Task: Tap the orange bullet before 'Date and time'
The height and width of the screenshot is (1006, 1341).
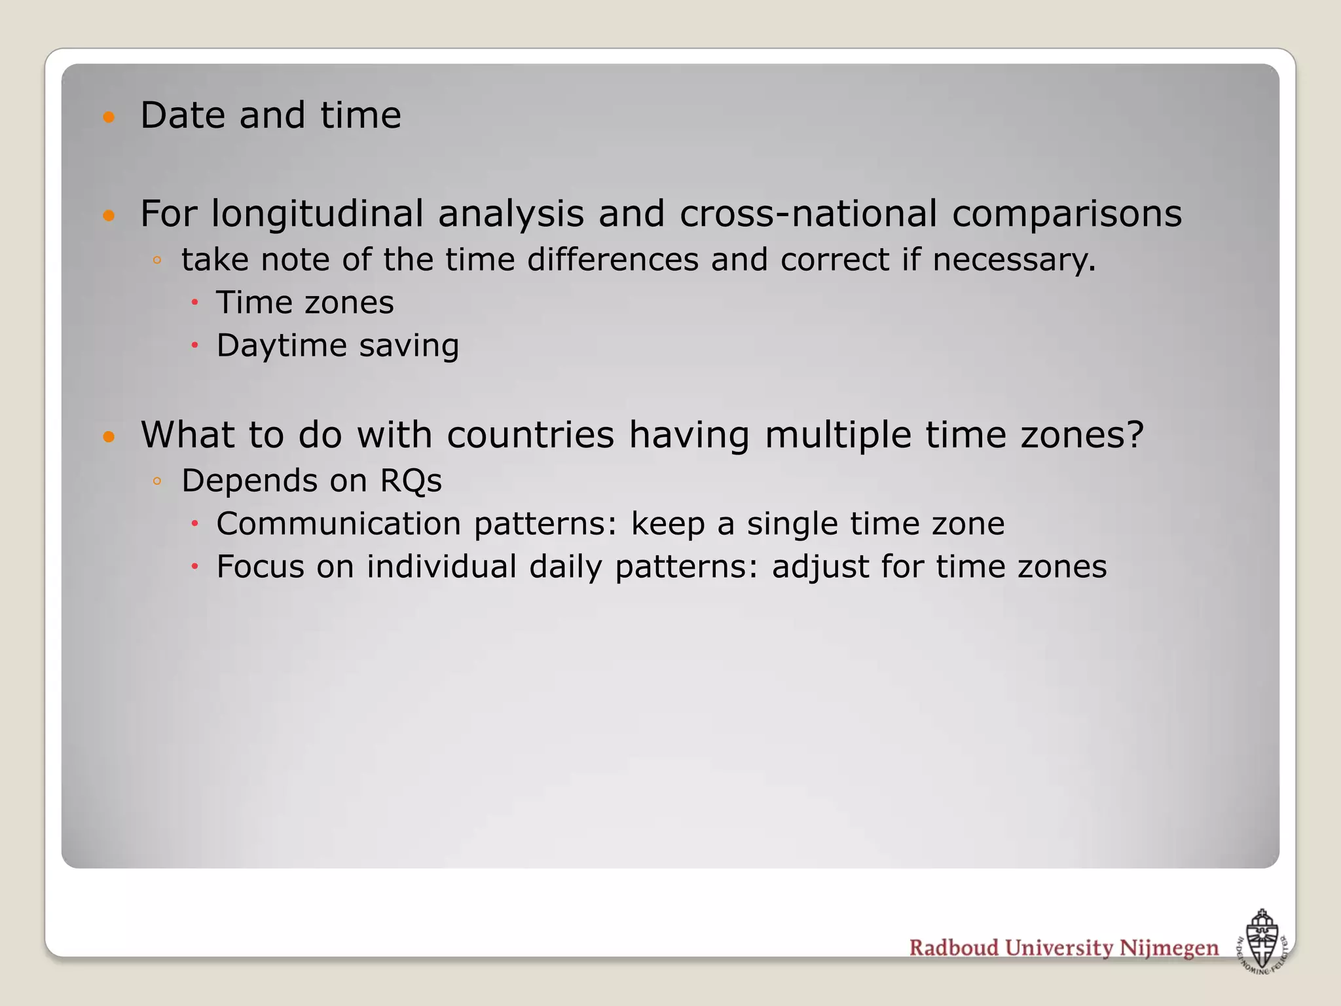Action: click(109, 118)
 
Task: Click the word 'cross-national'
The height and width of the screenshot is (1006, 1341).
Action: click(808, 214)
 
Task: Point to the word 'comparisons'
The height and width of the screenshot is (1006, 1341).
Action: click(1067, 214)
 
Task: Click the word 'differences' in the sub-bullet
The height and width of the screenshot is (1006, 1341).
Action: click(613, 260)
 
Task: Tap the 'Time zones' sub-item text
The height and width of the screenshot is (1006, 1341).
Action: click(305, 303)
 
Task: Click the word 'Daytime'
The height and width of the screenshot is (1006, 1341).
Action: click(282, 346)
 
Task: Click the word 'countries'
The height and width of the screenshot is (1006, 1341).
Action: click(530, 435)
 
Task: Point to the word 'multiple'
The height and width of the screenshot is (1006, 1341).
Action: click(837, 435)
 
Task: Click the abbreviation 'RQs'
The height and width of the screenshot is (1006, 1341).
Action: click(411, 481)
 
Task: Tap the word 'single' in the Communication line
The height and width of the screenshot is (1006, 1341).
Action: click(792, 525)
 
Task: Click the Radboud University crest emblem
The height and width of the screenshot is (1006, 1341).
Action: click(1261, 941)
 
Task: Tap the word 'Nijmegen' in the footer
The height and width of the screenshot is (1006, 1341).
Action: click(1169, 948)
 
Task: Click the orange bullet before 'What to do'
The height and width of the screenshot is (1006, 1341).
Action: click(109, 437)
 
